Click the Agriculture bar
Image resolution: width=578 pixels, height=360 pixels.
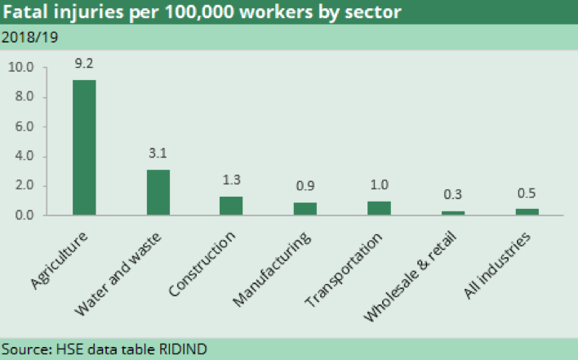pos(83,147)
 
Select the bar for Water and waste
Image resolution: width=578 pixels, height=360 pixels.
pos(158,193)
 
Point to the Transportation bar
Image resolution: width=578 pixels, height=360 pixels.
pos(379,208)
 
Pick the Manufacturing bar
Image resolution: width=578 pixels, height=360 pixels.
pos(305,209)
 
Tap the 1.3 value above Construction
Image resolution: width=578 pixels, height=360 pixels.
pos(231,178)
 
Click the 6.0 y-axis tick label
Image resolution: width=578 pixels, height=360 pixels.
pos(24,127)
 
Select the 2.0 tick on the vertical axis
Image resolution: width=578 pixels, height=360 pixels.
pos(24,185)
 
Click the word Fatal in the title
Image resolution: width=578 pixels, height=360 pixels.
pos(26,13)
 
